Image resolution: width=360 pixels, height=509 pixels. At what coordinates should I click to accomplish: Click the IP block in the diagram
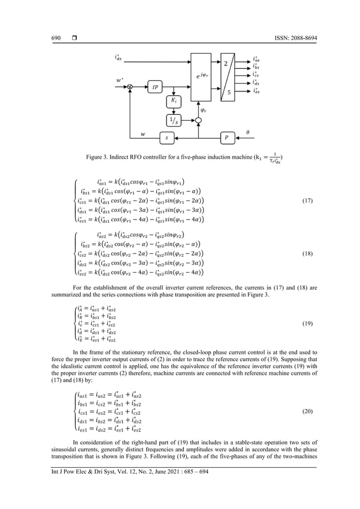click(155, 87)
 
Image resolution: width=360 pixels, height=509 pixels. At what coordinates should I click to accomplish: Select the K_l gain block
click(174, 101)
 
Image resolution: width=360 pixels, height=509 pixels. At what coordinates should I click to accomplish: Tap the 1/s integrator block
click(174, 119)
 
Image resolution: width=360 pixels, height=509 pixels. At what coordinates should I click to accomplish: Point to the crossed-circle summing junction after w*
click(130, 86)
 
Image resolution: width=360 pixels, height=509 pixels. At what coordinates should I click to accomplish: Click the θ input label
click(248, 131)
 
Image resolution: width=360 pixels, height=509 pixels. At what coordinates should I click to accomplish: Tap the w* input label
click(119, 80)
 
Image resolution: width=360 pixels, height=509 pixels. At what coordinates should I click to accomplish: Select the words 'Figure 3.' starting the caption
click(97, 156)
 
